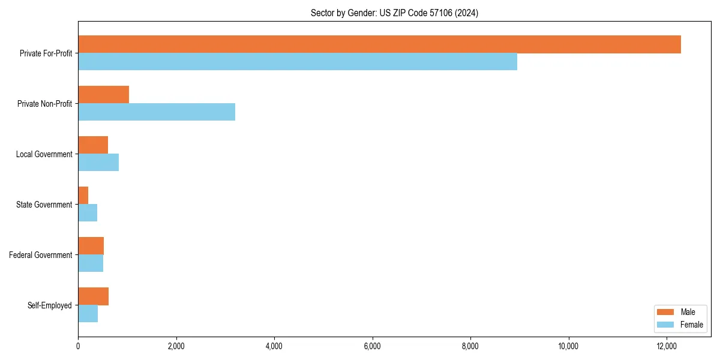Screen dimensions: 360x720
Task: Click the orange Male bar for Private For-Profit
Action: (379, 44)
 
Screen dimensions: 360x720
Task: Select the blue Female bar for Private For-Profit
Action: (298, 62)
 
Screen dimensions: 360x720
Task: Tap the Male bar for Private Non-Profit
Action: (103, 95)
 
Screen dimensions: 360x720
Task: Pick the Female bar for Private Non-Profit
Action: (157, 112)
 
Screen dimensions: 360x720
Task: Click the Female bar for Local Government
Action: (98, 163)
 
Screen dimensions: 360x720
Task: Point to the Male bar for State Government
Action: (83, 196)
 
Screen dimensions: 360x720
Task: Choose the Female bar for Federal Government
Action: (91, 263)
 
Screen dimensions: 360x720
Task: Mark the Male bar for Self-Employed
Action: (93, 296)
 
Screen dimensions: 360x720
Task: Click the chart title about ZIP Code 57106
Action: (394, 13)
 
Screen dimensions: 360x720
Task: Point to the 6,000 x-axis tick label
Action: (372, 346)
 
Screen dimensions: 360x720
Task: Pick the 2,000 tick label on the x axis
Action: (176, 346)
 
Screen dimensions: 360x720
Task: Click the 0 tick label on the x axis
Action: (78, 346)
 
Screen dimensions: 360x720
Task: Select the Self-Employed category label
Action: (50, 305)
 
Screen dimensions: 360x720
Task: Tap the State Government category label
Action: (44, 205)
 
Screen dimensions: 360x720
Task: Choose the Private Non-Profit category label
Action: (44, 104)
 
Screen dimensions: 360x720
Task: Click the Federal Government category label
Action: (41, 255)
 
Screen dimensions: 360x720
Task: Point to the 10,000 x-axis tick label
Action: (568, 346)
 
